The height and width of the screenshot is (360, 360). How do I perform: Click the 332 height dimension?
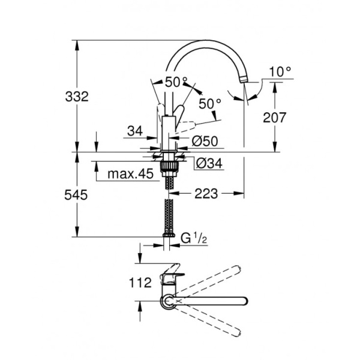click(77, 95)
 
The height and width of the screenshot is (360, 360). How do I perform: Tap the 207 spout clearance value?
click(275, 118)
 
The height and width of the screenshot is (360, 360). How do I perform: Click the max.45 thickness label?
click(129, 175)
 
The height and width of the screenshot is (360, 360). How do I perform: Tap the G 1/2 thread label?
click(195, 238)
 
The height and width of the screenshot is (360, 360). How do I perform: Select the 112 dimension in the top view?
click(139, 282)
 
